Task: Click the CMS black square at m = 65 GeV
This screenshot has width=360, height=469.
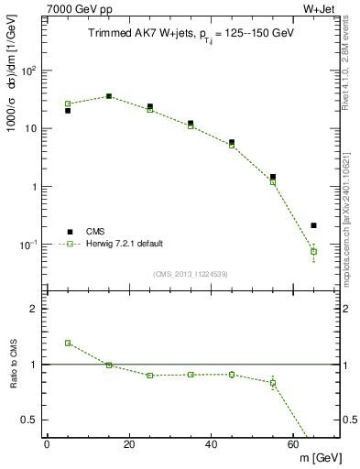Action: point(313,225)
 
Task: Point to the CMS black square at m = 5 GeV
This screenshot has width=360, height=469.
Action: point(68,111)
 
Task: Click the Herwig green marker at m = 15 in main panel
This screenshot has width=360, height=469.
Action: point(109,96)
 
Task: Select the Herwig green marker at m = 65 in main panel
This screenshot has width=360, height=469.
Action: point(313,251)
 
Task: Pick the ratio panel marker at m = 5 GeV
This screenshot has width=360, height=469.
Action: point(68,343)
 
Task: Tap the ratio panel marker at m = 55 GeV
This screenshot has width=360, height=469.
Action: point(273,383)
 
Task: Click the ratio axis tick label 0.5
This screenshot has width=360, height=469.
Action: point(28,420)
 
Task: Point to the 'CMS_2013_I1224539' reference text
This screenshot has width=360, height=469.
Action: point(191,273)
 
